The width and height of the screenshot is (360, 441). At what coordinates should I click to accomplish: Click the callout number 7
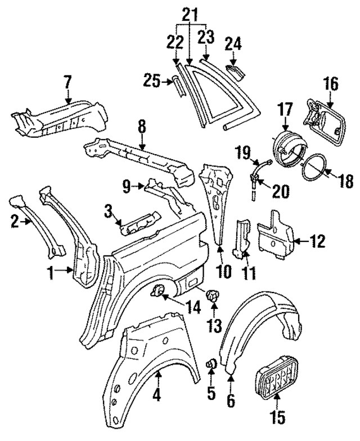(x=67, y=82)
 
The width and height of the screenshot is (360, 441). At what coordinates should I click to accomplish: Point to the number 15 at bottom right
(x=278, y=417)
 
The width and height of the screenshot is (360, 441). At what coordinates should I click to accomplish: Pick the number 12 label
(x=317, y=241)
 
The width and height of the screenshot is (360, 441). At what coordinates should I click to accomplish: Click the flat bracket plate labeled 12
(x=276, y=235)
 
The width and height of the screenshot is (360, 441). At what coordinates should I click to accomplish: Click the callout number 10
(x=223, y=272)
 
